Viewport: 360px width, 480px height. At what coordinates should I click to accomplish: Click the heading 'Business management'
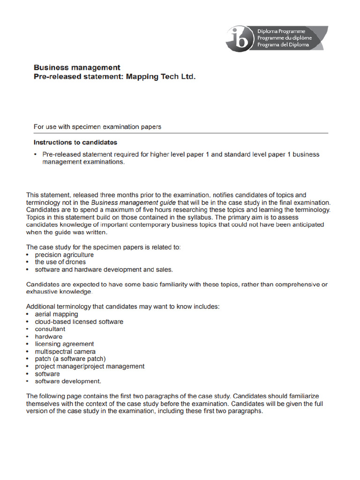77,67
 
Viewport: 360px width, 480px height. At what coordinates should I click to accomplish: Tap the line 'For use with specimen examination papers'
97,127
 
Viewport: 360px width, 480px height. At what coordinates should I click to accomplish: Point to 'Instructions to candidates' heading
75,142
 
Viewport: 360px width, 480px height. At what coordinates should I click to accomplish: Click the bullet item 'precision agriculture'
64,255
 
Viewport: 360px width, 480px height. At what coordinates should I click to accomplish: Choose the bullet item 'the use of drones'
60,262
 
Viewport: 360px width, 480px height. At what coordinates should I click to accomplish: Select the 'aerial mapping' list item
56,314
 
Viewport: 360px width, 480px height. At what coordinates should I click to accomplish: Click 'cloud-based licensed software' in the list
79,322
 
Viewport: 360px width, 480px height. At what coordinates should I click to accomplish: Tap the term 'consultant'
50,329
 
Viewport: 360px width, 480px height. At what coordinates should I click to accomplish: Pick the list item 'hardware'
48,337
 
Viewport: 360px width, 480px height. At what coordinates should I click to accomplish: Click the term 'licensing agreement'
64,344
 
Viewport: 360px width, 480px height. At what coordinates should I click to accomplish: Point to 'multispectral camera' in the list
65,352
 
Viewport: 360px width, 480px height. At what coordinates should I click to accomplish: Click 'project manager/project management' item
90,367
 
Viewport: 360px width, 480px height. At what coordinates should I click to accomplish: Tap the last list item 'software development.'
68,382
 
